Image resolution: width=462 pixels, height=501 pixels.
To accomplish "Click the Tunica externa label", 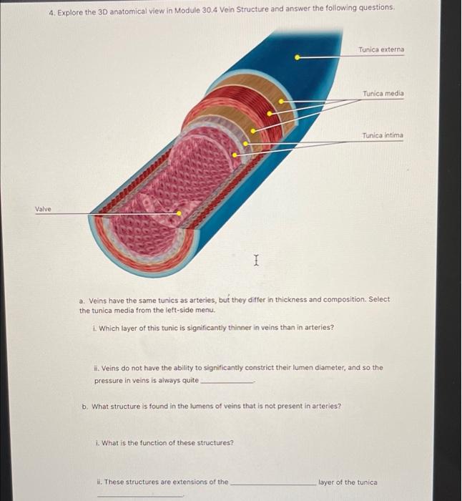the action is point(381,50).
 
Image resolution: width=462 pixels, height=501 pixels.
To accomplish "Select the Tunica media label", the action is point(383,94).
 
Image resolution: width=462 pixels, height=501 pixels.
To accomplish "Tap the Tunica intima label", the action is point(383,135).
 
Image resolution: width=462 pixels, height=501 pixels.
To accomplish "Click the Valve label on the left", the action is point(43,209).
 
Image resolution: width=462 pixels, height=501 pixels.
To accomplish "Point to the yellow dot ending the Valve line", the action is point(179,213).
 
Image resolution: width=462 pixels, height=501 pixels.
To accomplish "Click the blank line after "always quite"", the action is point(227,382).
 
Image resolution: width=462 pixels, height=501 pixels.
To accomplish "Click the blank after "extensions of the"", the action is point(272,484).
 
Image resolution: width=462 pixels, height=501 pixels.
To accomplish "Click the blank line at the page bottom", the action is point(139,496).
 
